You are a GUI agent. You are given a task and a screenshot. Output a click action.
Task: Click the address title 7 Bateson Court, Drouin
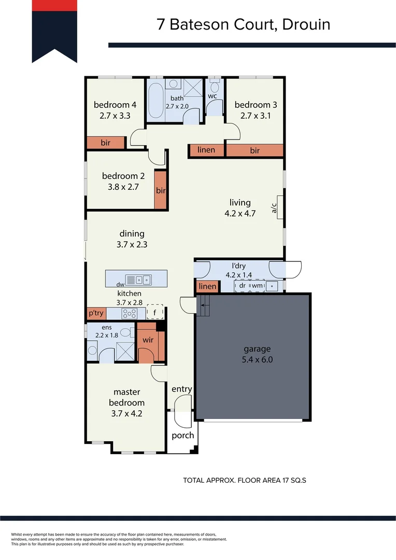pyautogui.click(x=243, y=24)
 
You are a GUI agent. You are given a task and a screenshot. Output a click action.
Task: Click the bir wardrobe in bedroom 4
pyautogui.click(x=106, y=143)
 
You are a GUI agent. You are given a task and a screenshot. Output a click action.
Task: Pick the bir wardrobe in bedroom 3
pyautogui.click(x=254, y=150)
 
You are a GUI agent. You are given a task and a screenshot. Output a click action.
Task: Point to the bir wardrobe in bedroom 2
pyautogui.click(x=161, y=190)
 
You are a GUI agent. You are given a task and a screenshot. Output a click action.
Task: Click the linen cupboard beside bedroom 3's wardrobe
pyautogui.click(x=206, y=150)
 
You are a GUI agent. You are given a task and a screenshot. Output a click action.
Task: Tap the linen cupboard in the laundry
pyautogui.click(x=207, y=287)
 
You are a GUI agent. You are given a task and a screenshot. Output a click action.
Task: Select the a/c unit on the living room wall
pyautogui.click(x=279, y=208)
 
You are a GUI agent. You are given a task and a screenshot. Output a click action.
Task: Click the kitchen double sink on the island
pyautogui.click(x=138, y=280)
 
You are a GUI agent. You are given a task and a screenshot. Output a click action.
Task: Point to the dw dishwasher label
pyautogui.click(x=120, y=284)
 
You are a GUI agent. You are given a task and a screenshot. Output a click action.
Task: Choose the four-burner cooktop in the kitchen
pyautogui.click(x=129, y=313)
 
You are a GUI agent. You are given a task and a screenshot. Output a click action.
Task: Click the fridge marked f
pyautogui.click(x=154, y=312)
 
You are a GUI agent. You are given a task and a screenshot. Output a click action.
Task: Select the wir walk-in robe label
pyautogui.click(x=148, y=340)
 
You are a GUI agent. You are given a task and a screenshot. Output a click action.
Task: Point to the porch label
pyautogui.click(x=182, y=435)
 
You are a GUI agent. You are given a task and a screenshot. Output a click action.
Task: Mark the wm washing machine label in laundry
pyautogui.click(x=257, y=285)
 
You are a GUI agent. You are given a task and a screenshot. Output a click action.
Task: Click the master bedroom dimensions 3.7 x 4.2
pyautogui.click(x=126, y=413)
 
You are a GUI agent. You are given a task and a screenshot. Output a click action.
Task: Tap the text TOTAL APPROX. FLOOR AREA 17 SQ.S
pyautogui.click(x=244, y=480)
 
